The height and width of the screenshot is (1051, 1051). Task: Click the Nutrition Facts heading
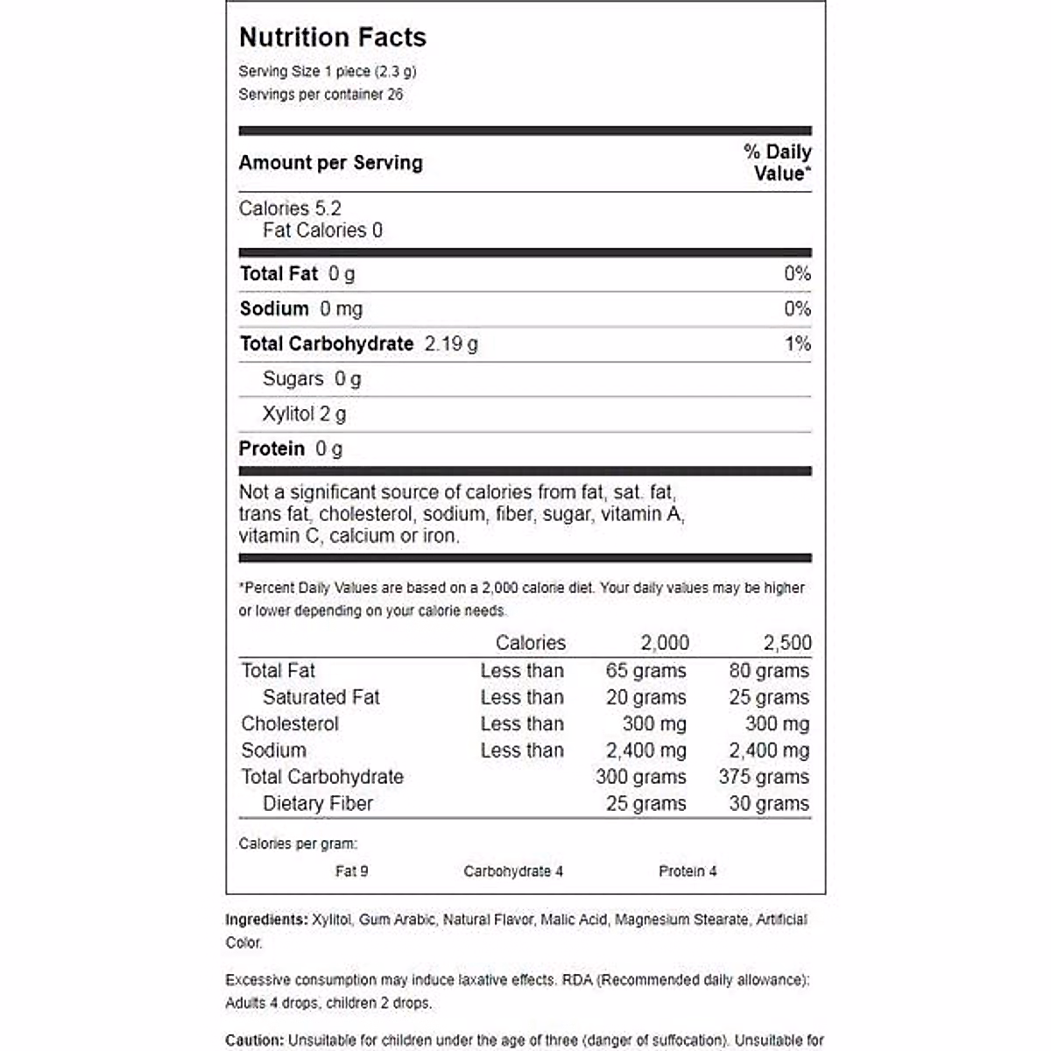(x=333, y=38)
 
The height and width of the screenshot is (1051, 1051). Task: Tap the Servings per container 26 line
(x=321, y=95)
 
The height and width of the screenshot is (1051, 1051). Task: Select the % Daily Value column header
(x=778, y=163)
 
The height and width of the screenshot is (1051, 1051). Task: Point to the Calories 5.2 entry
(x=290, y=208)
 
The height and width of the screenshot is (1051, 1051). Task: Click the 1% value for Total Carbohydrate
(x=797, y=344)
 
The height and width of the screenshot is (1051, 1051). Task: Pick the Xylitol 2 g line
(x=304, y=414)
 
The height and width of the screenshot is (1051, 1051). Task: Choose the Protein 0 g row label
(x=291, y=449)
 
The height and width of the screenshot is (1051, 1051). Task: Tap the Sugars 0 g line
(x=312, y=379)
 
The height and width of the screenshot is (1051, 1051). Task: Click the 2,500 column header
(x=787, y=643)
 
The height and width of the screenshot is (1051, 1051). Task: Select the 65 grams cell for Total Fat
(x=645, y=671)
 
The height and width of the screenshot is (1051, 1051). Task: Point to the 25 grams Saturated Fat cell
(x=768, y=698)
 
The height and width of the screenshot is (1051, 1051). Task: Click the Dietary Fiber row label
(x=318, y=804)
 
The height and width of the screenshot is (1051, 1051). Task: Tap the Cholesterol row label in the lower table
(x=290, y=724)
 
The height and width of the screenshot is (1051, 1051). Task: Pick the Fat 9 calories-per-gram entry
(x=352, y=871)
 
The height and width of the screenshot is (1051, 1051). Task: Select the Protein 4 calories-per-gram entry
(x=688, y=871)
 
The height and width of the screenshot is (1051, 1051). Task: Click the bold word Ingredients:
(x=266, y=920)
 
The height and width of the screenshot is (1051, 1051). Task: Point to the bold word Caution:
(x=255, y=1040)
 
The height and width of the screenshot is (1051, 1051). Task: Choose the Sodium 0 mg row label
(x=300, y=309)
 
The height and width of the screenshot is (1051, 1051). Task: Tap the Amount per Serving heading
(x=331, y=163)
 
